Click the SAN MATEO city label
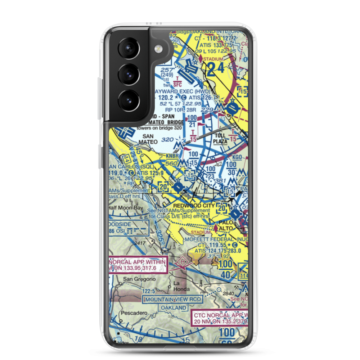pos(150,139)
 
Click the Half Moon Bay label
pos(126,208)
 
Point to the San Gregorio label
pos(134,279)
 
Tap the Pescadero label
pos(134,313)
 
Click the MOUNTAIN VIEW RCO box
pos(173,299)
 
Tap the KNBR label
pos(172,156)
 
